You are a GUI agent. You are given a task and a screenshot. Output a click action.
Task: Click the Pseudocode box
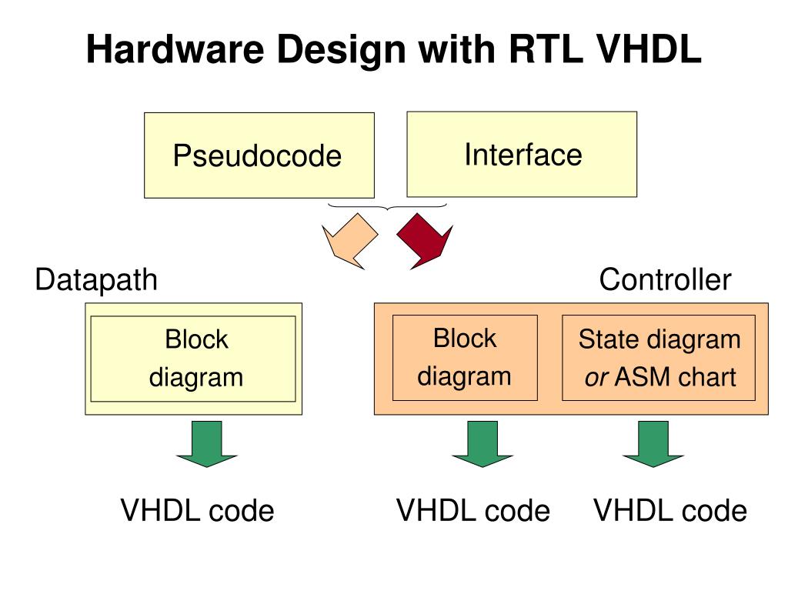[x=259, y=155]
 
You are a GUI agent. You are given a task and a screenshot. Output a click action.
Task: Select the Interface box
[x=523, y=154]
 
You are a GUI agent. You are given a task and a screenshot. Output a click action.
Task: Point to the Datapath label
[x=96, y=280]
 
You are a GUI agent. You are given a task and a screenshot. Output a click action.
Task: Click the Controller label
[x=665, y=280]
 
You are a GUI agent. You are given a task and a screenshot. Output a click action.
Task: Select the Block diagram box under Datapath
[x=193, y=359]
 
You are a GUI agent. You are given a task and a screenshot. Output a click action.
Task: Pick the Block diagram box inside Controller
[x=465, y=358]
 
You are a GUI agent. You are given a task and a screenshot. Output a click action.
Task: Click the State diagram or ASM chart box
[x=659, y=358]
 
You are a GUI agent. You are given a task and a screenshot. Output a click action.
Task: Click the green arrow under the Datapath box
[x=206, y=444]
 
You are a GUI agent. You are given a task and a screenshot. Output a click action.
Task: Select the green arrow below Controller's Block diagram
[x=482, y=444]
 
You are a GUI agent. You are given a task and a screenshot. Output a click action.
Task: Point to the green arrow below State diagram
[x=653, y=444]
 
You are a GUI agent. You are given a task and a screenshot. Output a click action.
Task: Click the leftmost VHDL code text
[x=197, y=510]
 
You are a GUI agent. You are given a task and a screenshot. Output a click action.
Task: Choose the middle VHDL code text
[x=472, y=510]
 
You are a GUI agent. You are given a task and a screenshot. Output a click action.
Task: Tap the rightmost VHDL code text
[x=670, y=510]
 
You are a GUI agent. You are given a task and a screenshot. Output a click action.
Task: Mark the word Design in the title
[x=340, y=51]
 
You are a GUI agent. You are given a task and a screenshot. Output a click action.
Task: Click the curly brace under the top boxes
[x=387, y=207]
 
